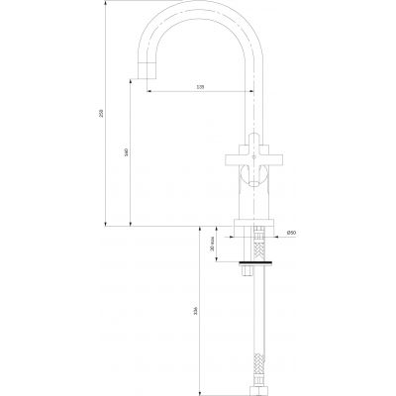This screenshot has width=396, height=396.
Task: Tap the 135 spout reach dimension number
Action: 201,88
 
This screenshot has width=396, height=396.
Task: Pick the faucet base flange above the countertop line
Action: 255,220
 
